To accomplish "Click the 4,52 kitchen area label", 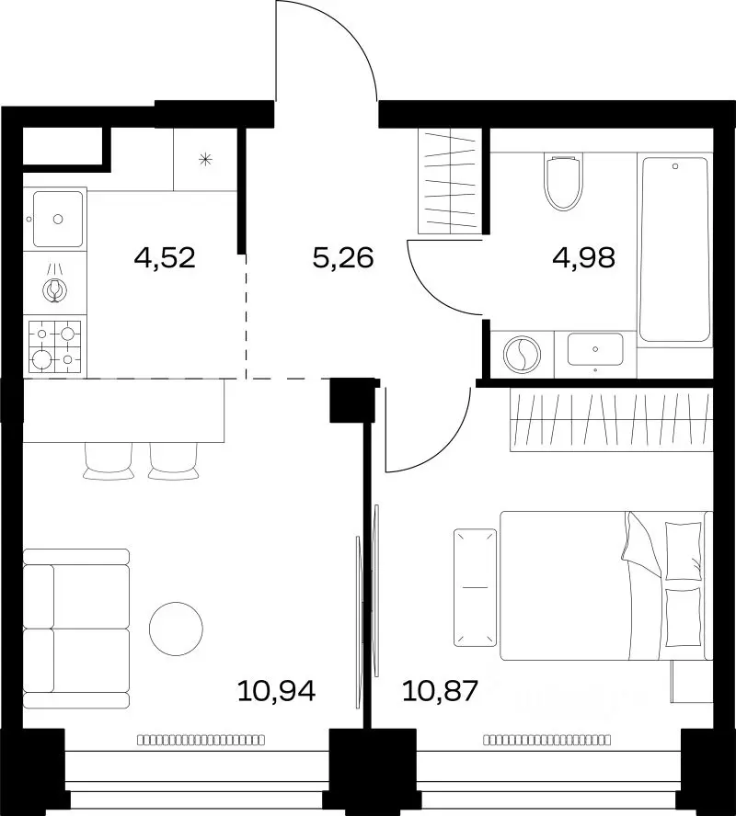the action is point(165,257).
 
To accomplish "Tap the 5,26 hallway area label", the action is point(343,257).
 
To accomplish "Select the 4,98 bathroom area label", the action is point(584,257).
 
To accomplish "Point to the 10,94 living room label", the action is point(277,691).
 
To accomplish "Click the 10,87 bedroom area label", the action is point(440,691).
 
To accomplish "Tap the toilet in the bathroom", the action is point(563,181).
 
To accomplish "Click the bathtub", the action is point(675,249).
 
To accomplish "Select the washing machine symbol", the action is point(522,355).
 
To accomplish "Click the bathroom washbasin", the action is point(595,349).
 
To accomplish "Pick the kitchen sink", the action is point(58,219).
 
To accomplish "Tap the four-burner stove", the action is point(55,346).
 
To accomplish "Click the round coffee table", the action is point(176,629).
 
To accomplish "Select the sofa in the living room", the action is point(76,629).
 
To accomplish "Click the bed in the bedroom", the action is point(605,585).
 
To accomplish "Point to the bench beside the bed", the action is point(475,587).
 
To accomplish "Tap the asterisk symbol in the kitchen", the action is point(206,159).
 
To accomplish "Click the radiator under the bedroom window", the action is point(546,740).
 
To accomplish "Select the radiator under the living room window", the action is point(201,740).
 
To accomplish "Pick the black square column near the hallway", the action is point(352,400).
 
